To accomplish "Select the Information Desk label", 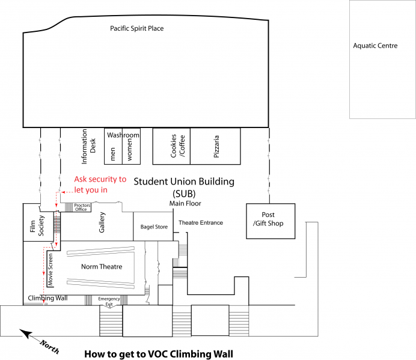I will coord(88,146).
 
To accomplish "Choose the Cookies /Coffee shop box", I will coord(171,145).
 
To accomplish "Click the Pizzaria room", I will coord(215,145).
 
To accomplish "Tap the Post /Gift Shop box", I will coord(271,221).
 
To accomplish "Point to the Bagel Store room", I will coord(153,227).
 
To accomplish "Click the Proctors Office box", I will coord(82,208).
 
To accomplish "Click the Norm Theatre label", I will coord(102,267).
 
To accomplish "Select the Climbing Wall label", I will coord(47,298).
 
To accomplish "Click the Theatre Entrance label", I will coord(200,223).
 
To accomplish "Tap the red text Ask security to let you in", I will coord(100,185).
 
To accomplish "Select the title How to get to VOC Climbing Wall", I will coord(158,353).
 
